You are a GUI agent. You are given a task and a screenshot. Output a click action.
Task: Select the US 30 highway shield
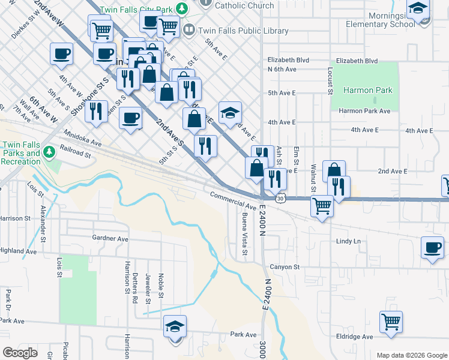[280, 197]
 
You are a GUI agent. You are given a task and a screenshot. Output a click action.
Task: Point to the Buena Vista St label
[244, 233]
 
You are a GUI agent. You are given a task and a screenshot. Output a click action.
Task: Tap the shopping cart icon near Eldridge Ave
[391, 321]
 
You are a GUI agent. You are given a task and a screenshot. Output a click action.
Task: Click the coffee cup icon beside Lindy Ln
[432, 247]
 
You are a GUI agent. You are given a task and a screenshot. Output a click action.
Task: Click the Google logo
[20, 352]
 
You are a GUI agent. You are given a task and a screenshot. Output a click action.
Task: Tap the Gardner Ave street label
[110, 238]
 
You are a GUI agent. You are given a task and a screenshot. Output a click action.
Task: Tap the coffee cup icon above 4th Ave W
[61, 54]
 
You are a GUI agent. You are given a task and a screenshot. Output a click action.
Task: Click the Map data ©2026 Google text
[411, 355]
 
